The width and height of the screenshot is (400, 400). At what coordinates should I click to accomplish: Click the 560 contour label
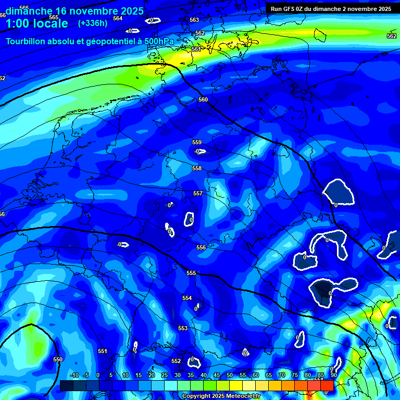[x=203, y=99]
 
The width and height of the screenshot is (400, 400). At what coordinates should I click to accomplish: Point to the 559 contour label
[x=197, y=142]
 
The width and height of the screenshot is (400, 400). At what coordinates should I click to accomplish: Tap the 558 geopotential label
[x=197, y=168]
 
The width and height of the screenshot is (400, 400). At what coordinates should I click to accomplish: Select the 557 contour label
[x=198, y=193]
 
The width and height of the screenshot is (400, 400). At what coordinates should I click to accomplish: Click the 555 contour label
[x=191, y=273]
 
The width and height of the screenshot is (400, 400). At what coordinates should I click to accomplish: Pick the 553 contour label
[x=183, y=328]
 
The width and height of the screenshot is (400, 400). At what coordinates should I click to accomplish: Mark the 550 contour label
[x=58, y=359]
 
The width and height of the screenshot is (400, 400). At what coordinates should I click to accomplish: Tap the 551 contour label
[x=103, y=351]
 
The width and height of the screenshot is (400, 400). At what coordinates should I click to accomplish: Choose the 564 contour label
[x=118, y=18]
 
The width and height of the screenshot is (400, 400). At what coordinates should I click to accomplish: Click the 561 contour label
[x=196, y=49]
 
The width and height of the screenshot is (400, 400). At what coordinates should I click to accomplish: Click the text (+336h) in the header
[x=93, y=23]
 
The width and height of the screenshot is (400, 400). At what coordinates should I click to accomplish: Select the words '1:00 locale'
[x=36, y=23]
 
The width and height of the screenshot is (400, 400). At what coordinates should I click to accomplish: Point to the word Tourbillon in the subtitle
[x=27, y=41]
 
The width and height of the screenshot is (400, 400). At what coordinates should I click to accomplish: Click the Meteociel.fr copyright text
[x=221, y=396]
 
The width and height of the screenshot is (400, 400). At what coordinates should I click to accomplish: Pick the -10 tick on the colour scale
[x=74, y=376]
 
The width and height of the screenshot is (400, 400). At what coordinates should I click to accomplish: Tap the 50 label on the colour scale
[x=230, y=376]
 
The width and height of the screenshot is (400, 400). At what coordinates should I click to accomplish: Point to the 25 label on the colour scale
[x=164, y=376]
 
